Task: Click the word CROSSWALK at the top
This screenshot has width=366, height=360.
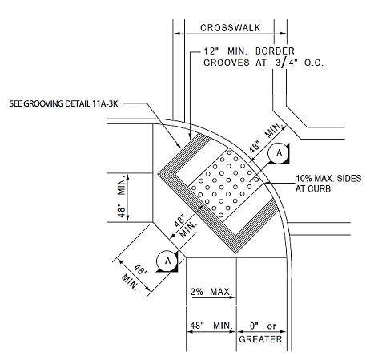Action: pyautogui.click(x=230, y=28)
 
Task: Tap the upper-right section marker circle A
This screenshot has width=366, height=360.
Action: pyautogui.click(x=279, y=153)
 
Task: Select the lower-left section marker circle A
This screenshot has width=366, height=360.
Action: pyautogui.click(x=167, y=261)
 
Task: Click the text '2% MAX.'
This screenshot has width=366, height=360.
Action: pyautogui.click(x=211, y=292)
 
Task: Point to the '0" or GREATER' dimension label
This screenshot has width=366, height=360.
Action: pyautogui.click(x=260, y=333)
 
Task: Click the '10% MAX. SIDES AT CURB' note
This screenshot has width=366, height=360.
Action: pyautogui.click(x=328, y=184)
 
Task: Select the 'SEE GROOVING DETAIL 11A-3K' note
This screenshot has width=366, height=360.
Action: pyautogui.click(x=63, y=103)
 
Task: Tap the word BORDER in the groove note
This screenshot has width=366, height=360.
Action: pyautogui.click(x=275, y=51)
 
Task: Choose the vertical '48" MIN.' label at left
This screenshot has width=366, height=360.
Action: pyautogui.click(x=122, y=196)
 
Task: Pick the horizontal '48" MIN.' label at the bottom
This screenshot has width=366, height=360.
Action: pyautogui.click(x=211, y=326)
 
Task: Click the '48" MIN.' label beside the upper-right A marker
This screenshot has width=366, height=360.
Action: pyautogui.click(x=265, y=138)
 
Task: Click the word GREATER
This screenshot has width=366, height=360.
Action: pyautogui.click(x=260, y=339)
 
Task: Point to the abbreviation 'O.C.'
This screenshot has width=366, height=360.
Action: pyautogui.click(x=314, y=63)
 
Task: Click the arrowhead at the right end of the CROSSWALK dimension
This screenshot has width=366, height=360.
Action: pyautogui.click(x=283, y=34)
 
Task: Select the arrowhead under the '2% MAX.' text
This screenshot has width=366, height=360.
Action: pyautogui.click(x=232, y=297)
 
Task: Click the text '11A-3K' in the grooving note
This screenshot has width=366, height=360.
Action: pyautogui.click(x=105, y=103)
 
